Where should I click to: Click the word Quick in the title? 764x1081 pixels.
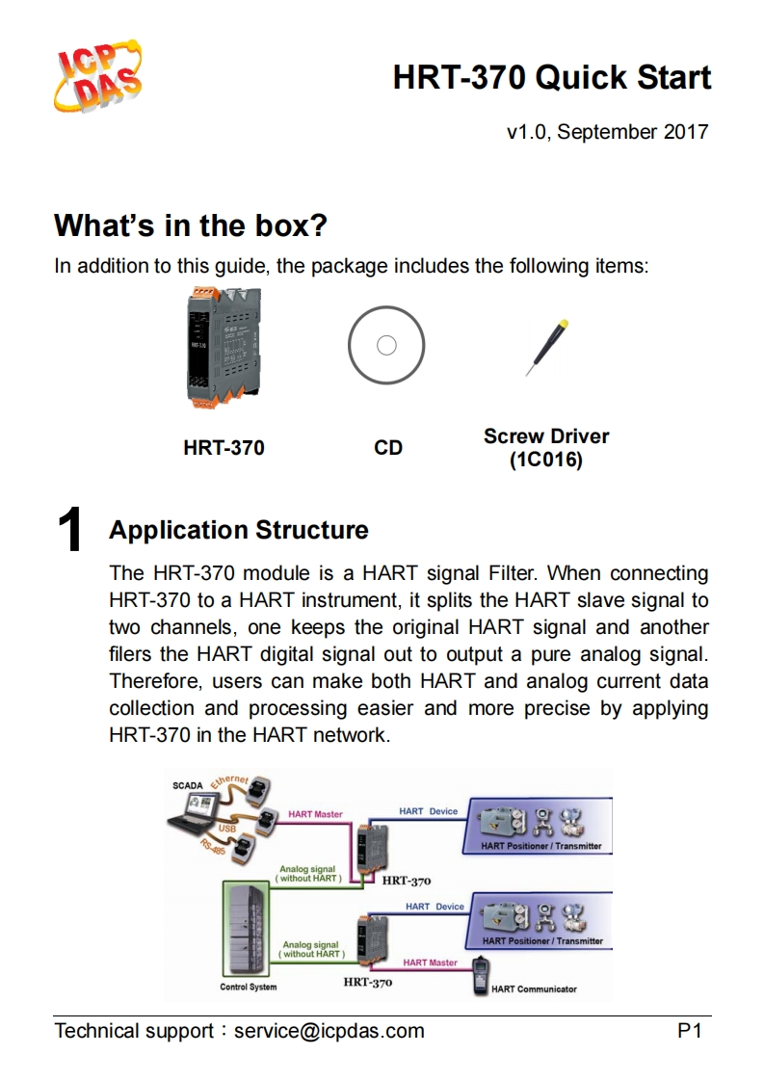tap(576, 78)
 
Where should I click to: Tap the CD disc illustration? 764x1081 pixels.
tap(386, 346)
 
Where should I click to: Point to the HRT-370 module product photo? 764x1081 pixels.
tap(223, 346)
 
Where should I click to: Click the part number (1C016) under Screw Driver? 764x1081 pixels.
tap(546, 461)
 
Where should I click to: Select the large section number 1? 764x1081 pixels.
tap(69, 532)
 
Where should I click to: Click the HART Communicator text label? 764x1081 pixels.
tap(535, 989)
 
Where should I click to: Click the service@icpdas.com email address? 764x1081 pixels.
tap(329, 1031)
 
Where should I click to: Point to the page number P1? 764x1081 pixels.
tap(690, 1031)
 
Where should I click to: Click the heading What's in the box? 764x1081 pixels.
tap(191, 226)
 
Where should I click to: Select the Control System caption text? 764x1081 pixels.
tap(249, 987)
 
